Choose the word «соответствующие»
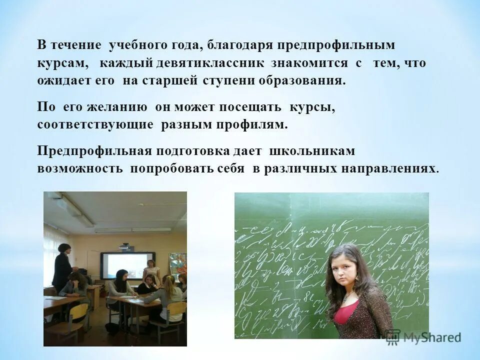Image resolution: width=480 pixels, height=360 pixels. (x=95, y=124)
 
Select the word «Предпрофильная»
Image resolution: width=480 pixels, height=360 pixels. (x=94, y=150)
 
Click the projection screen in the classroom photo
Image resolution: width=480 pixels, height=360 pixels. (x=127, y=265)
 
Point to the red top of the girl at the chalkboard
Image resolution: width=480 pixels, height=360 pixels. (x=345, y=312)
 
